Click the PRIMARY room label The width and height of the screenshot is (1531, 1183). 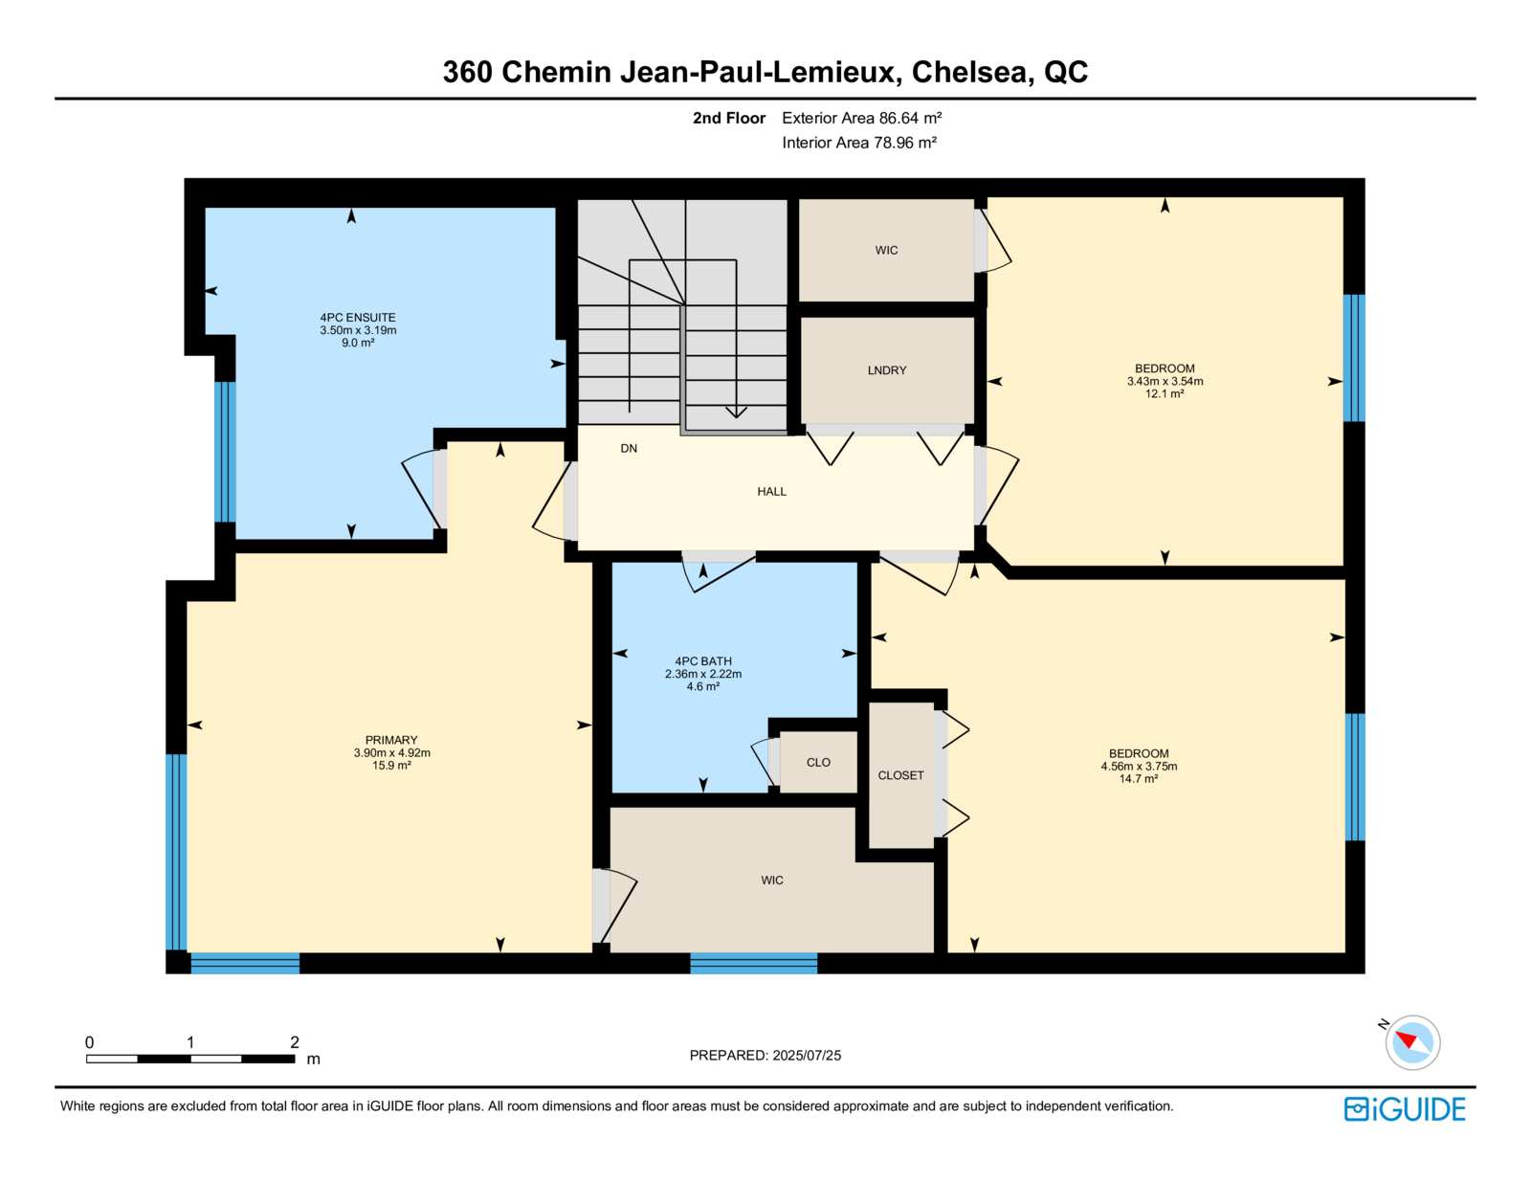[391, 740]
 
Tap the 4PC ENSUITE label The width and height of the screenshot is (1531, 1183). [358, 318]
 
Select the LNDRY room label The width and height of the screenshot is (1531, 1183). [887, 370]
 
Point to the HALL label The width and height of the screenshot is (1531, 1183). [771, 492]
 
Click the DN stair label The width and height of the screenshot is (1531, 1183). [629, 448]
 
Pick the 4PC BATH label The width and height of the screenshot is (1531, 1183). [703, 661]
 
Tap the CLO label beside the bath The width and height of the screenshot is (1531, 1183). [818, 763]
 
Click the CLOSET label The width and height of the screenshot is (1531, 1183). [900, 775]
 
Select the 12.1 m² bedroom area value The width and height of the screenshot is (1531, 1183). [1165, 394]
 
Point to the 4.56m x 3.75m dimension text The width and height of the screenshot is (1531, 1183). [1139, 767]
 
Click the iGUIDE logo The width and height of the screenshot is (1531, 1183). [1405, 1109]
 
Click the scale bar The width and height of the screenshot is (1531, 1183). [190, 1059]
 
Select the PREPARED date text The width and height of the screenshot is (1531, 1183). [765, 1056]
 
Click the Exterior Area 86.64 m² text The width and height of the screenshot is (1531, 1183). [862, 119]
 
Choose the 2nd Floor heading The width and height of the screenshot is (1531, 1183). [728, 119]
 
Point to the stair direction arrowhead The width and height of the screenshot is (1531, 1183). [736, 413]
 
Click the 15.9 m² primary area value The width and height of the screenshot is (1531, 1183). [391, 765]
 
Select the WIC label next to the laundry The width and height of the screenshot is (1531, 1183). [886, 250]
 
